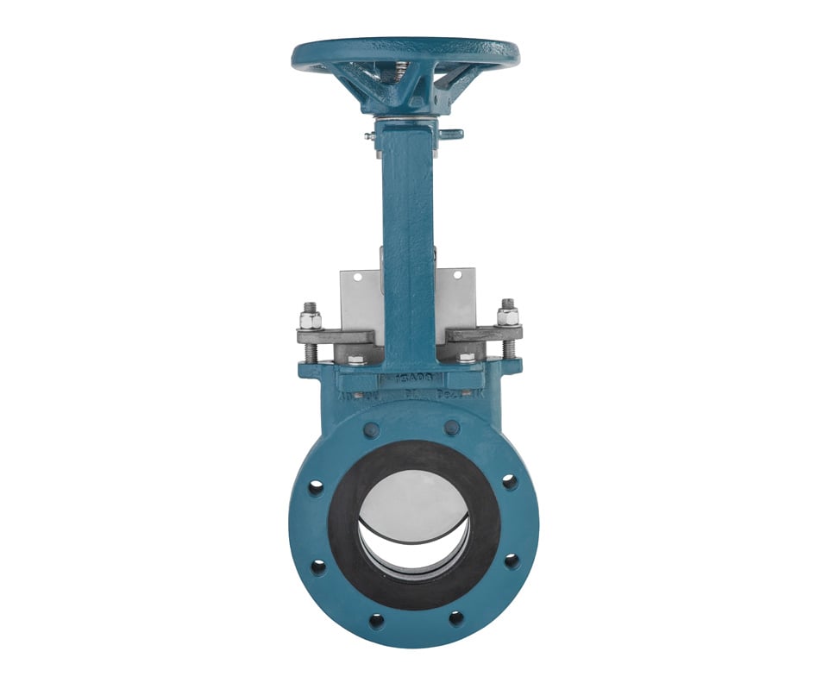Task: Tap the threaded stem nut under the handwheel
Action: click(x=402, y=70)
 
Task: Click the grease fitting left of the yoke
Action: click(x=369, y=135)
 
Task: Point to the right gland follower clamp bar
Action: click(x=483, y=334)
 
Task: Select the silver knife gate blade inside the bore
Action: click(x=412, y=500)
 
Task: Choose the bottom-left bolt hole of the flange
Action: click(x=376, y=620)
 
